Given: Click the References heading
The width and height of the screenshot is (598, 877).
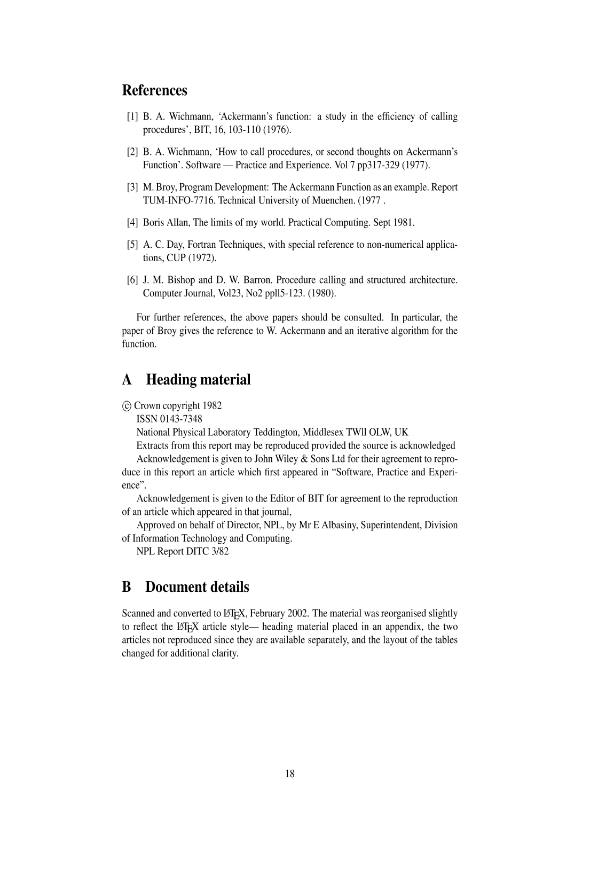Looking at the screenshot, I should point(155,90).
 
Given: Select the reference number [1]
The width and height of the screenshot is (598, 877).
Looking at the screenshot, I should point(132,116).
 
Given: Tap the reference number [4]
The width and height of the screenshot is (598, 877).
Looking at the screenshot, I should point(132,222).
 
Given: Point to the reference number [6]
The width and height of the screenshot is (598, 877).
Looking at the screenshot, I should point(132,280).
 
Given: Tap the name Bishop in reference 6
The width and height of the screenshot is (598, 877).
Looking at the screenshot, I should point(181,280).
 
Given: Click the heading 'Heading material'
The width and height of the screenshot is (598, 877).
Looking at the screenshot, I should point(198,380).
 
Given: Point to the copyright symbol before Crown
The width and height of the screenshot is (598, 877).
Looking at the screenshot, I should point(127,406).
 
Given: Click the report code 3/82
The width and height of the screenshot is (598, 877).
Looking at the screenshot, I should point(219,551).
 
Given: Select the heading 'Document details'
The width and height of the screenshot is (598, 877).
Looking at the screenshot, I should point(197,587).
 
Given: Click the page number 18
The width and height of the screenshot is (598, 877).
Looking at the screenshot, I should point(290,774).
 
